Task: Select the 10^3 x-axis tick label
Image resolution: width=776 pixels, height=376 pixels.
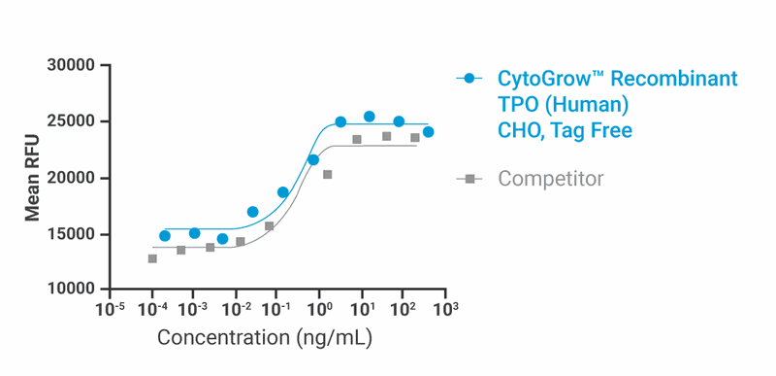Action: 445,310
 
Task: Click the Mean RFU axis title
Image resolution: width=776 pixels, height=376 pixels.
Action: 33,179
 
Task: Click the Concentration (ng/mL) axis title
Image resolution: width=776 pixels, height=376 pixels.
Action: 265,339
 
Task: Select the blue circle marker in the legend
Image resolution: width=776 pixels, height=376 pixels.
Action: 470,79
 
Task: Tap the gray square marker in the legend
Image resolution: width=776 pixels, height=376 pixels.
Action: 470,179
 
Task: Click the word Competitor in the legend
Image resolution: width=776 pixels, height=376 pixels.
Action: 550,179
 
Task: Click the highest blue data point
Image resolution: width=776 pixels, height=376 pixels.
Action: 370,117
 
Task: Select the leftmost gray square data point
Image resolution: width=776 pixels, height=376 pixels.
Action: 152,258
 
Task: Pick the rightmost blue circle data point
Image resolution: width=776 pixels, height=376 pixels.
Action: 428,132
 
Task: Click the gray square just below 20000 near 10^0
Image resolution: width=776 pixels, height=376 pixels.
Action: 327,175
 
